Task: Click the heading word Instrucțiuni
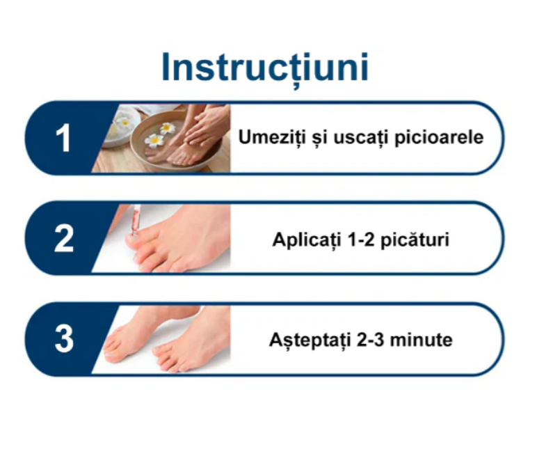tap(265, 68)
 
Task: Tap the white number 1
tap(63, 138)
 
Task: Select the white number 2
tap(63, 239)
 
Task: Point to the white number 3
tap(63, 340)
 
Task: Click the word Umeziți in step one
tap(265, 137)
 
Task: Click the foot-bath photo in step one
tap(167, 138)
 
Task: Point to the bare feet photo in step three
tap(167, 340)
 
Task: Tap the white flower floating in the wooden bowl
tap(154, 139)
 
